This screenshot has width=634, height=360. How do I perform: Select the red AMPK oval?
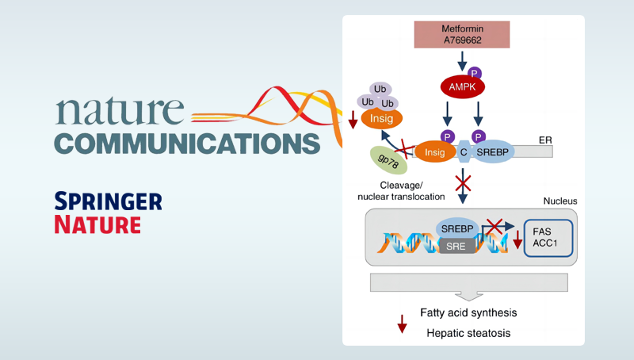[x=462, y=85]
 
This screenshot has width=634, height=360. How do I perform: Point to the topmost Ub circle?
[x=380, y=90]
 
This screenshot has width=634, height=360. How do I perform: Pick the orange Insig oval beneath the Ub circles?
[x=381, y=118]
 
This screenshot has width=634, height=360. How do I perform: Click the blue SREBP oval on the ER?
[x=489, y=151]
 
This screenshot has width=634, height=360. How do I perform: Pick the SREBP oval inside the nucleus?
[x=458, y=228]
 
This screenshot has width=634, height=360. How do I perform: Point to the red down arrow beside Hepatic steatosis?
[x=402, y=324]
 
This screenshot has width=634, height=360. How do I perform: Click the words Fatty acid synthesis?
[x=462, y=312]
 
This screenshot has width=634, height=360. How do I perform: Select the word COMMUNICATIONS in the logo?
[x=187, y=144]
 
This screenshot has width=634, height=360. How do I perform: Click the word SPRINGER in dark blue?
[x=108, y=201]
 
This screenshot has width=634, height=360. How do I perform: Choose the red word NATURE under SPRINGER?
[x=97, y=224]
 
